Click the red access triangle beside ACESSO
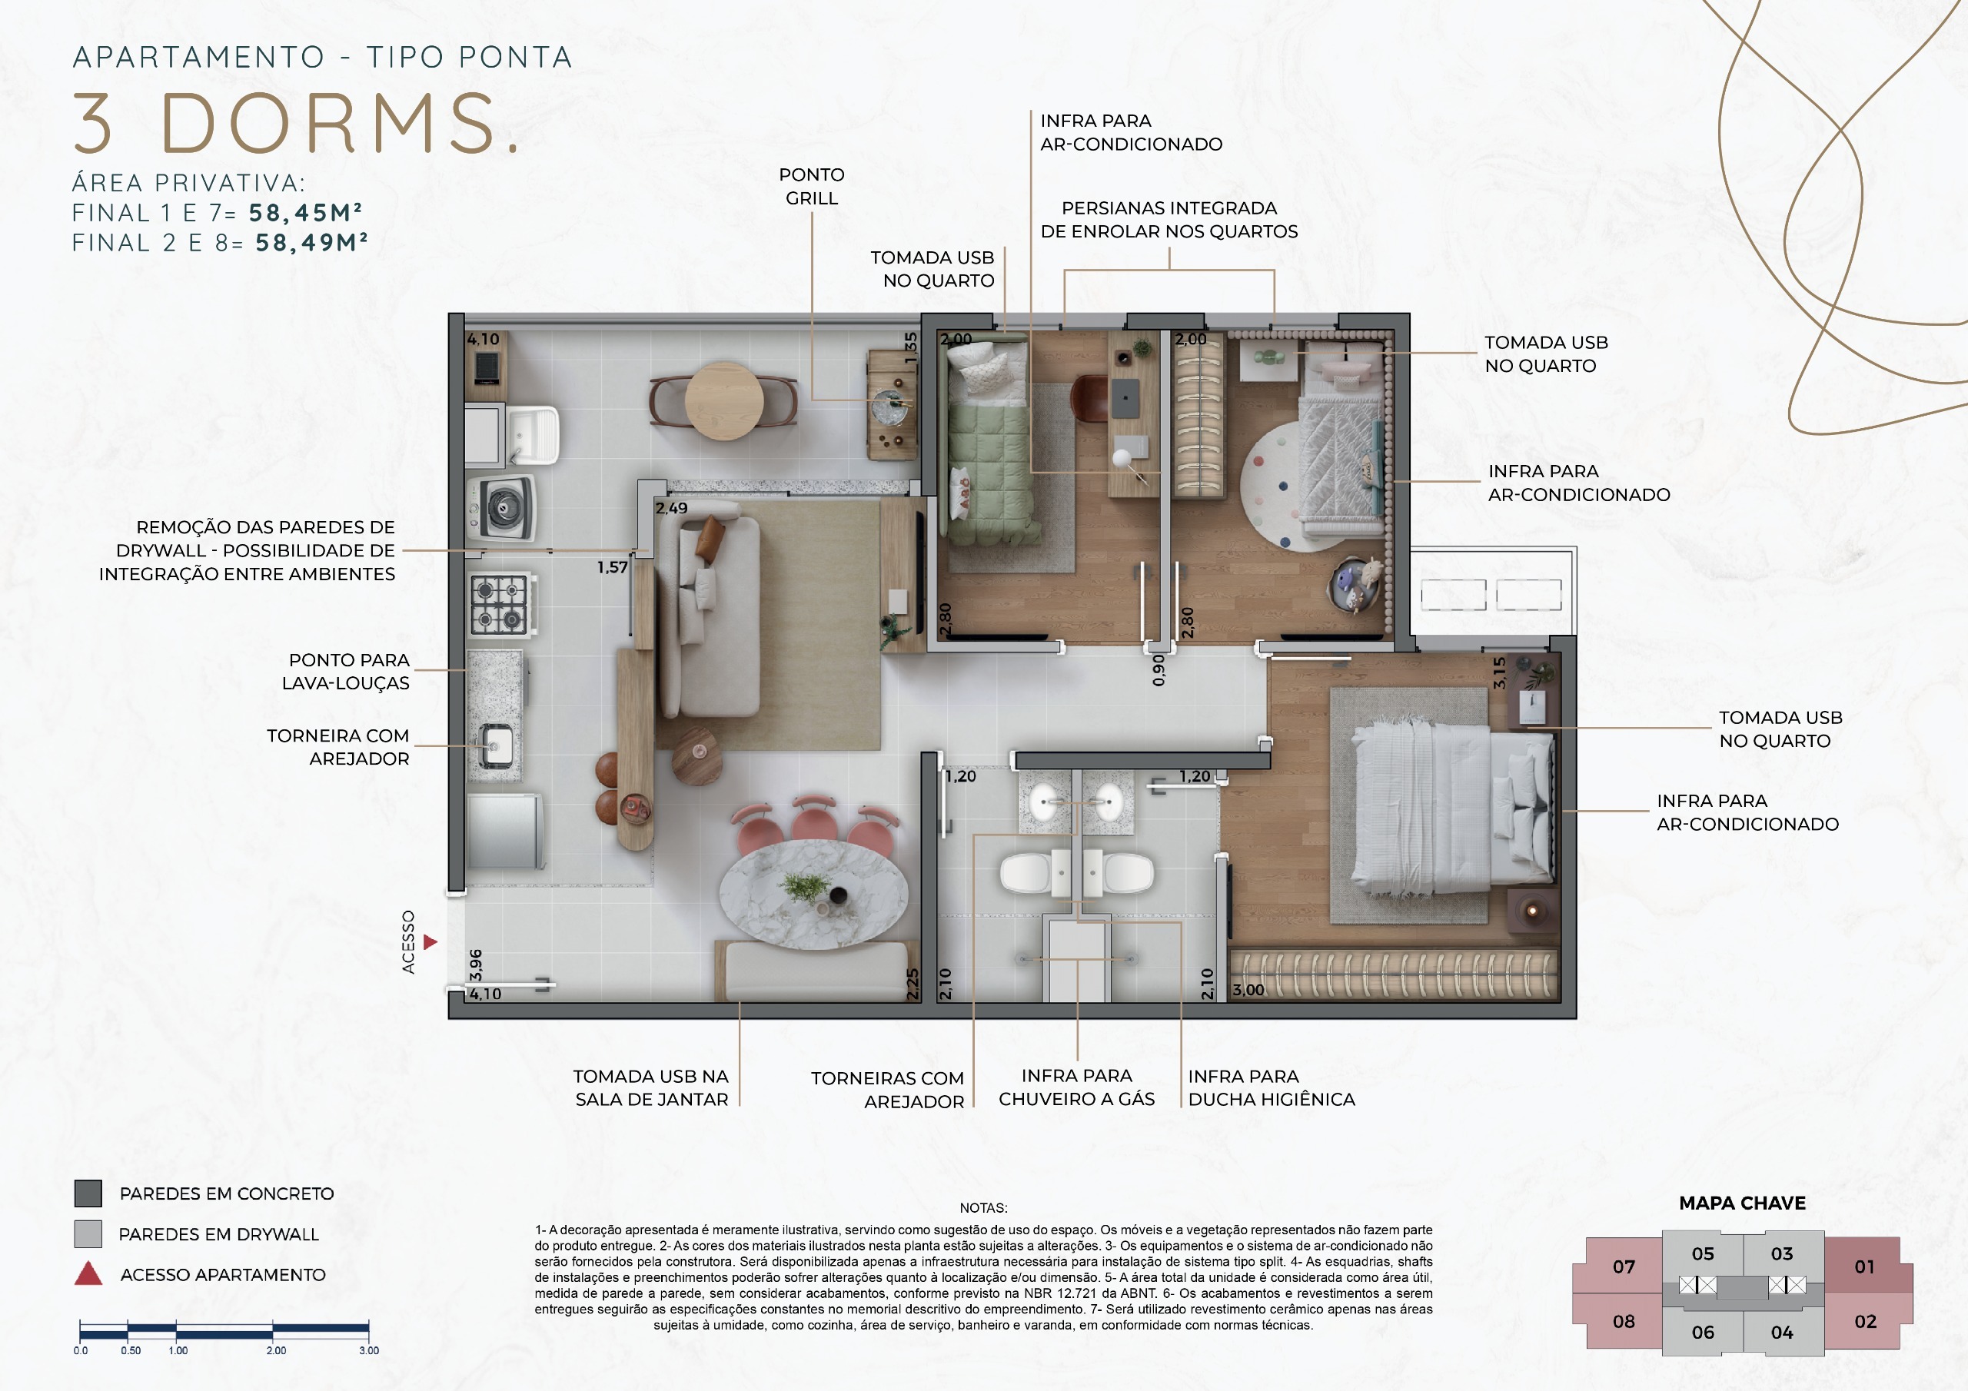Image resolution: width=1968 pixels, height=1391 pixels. coord(430,942)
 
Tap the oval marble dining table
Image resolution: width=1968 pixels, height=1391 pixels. coord(813,893)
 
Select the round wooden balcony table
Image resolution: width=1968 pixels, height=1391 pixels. coord(724,400)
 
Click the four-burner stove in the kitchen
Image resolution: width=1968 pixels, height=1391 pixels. coord(500,604)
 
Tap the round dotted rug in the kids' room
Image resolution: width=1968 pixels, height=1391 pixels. coord(1282,486)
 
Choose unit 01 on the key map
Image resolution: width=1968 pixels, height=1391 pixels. coord(1864,1266)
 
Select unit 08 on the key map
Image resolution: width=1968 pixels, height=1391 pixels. coord(1624,1321)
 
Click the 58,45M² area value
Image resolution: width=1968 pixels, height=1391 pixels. coord(306,213)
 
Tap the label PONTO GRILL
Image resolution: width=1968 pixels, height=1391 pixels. coord(812,186)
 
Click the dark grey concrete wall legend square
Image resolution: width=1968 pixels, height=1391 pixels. coord(88,1193)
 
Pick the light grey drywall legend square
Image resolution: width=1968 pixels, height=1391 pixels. coord(88,1233)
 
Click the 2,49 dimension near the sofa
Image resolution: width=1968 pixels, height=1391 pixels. coord(672,508)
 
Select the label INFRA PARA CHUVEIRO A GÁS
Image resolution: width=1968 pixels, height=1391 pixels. coord(1076,1087)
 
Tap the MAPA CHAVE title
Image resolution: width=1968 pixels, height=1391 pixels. coord(1742,1203)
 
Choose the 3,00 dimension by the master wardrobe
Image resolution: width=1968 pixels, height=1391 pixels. coord(1248,990)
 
